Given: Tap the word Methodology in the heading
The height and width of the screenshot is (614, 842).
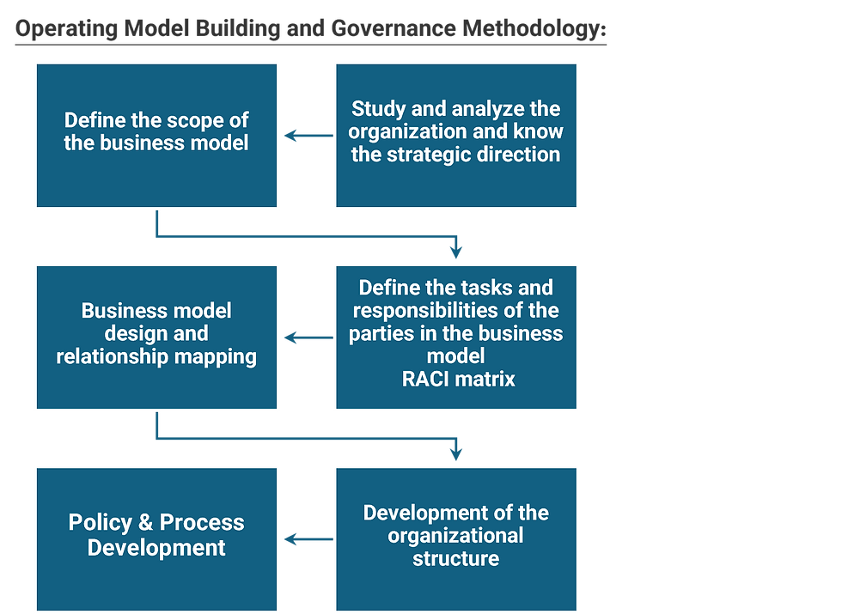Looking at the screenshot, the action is (534, 28).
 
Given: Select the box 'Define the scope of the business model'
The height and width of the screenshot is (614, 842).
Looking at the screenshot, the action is (156, 136).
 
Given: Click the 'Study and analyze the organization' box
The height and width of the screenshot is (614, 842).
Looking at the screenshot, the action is (456, 136).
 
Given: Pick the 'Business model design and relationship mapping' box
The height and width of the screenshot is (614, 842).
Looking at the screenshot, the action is (156, 337).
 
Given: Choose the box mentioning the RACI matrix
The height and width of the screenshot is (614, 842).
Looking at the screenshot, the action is (456, 337).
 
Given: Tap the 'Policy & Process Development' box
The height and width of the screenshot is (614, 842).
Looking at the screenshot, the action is (156, 539).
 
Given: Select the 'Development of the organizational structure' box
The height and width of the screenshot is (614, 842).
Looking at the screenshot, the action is (456, 539).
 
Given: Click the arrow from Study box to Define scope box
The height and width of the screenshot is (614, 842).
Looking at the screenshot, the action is (308, 136).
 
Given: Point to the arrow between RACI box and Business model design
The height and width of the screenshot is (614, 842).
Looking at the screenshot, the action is (308, 337).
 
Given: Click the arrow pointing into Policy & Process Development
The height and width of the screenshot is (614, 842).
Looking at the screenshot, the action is (308, 539).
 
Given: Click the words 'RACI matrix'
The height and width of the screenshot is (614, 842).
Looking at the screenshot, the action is (459, 379).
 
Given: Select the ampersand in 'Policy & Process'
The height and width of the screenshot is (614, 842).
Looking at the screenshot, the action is (145, 522).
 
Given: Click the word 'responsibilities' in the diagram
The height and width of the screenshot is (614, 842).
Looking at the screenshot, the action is (424, 310).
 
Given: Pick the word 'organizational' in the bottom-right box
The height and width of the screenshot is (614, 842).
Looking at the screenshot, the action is (455, 536).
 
